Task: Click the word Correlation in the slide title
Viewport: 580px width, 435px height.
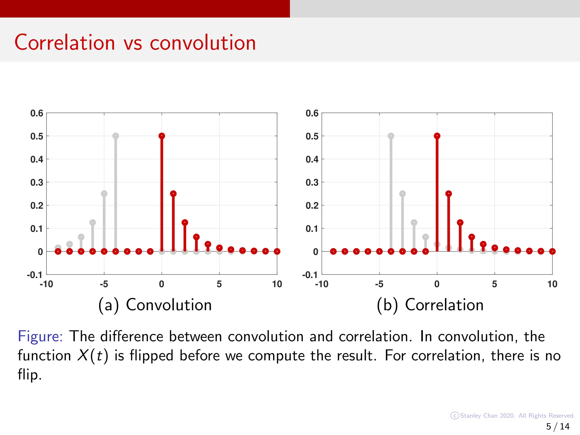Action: point(65,42)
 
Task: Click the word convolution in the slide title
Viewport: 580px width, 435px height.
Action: point(203,42)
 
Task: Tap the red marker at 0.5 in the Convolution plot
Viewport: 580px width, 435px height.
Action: point(162,136)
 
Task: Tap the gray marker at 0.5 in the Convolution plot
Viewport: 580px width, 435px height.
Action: point(116,136)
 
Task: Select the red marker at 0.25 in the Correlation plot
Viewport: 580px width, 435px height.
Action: point(449,194)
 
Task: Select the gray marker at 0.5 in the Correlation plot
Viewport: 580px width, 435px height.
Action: point(391,136)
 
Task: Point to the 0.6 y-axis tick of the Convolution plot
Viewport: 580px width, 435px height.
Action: point(37,113)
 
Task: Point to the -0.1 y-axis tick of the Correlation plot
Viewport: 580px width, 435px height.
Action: point(310,275)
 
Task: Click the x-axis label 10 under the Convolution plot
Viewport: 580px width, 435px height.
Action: point(277,284)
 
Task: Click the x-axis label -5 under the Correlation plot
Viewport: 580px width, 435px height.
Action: point(379,284)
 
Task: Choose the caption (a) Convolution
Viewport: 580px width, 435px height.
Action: point(155,305)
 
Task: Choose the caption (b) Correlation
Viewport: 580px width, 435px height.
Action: point(430,305)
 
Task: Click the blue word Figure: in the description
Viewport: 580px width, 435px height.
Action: point(40,336)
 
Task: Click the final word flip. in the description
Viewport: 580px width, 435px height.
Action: point(29,375)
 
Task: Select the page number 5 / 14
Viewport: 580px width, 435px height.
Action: point(558,426)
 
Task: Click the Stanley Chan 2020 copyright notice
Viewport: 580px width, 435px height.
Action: point(513,415)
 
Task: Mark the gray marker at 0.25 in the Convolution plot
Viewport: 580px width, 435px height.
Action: point(104,194)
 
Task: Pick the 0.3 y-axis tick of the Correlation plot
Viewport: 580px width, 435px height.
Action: point(312,182)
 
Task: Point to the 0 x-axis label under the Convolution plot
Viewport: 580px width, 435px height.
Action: point(161,284)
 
